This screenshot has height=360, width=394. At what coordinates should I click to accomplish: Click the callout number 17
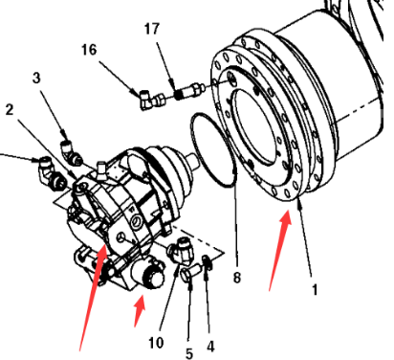[151, 29]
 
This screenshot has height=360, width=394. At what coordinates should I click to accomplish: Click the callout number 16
[89, 50]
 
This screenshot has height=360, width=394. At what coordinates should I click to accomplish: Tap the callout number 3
[36, 78]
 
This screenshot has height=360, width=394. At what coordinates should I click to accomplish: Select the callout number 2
[10, 110]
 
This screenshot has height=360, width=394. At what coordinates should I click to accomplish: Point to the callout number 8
[236, 278]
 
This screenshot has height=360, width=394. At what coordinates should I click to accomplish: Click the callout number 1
[315, 290]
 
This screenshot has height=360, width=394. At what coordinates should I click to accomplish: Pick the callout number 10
[156, 343]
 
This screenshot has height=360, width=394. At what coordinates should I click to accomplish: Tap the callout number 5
[189, 353]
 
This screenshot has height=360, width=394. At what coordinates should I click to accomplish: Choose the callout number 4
[210, 346]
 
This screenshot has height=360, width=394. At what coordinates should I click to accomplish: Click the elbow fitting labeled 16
[152, 101]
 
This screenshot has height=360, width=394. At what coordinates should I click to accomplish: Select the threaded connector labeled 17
[189, 91]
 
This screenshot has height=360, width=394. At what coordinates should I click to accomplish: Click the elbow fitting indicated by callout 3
[71, 152]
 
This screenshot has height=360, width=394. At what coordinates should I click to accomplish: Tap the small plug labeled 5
[189, 272]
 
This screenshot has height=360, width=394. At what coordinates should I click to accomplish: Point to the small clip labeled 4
[208, 262]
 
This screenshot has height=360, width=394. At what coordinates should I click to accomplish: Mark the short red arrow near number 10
[141, 311]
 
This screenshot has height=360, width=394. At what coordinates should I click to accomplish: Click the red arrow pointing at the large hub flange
[280, 251]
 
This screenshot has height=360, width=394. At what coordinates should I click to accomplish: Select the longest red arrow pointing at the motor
[93, 297]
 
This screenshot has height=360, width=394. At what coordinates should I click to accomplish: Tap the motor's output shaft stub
[193, 160]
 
